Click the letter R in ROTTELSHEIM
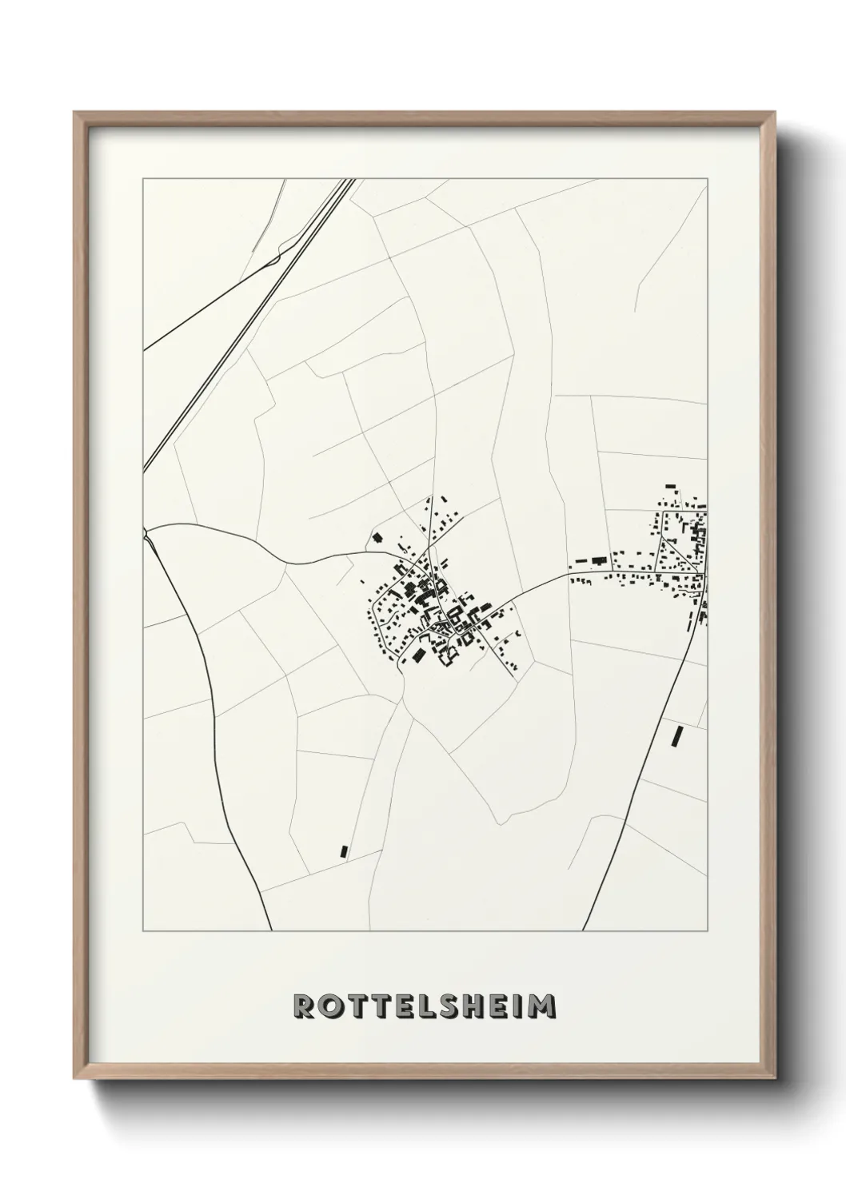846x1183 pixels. pos(304,1006)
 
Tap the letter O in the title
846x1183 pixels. pos(329,1006)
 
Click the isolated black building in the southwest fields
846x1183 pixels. pos(345,851)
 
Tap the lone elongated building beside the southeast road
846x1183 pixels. pos(678,735)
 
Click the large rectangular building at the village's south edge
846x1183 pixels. pos(417,656)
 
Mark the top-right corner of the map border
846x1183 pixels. pos(707,180)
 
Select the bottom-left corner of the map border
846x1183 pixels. pos(143,931)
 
